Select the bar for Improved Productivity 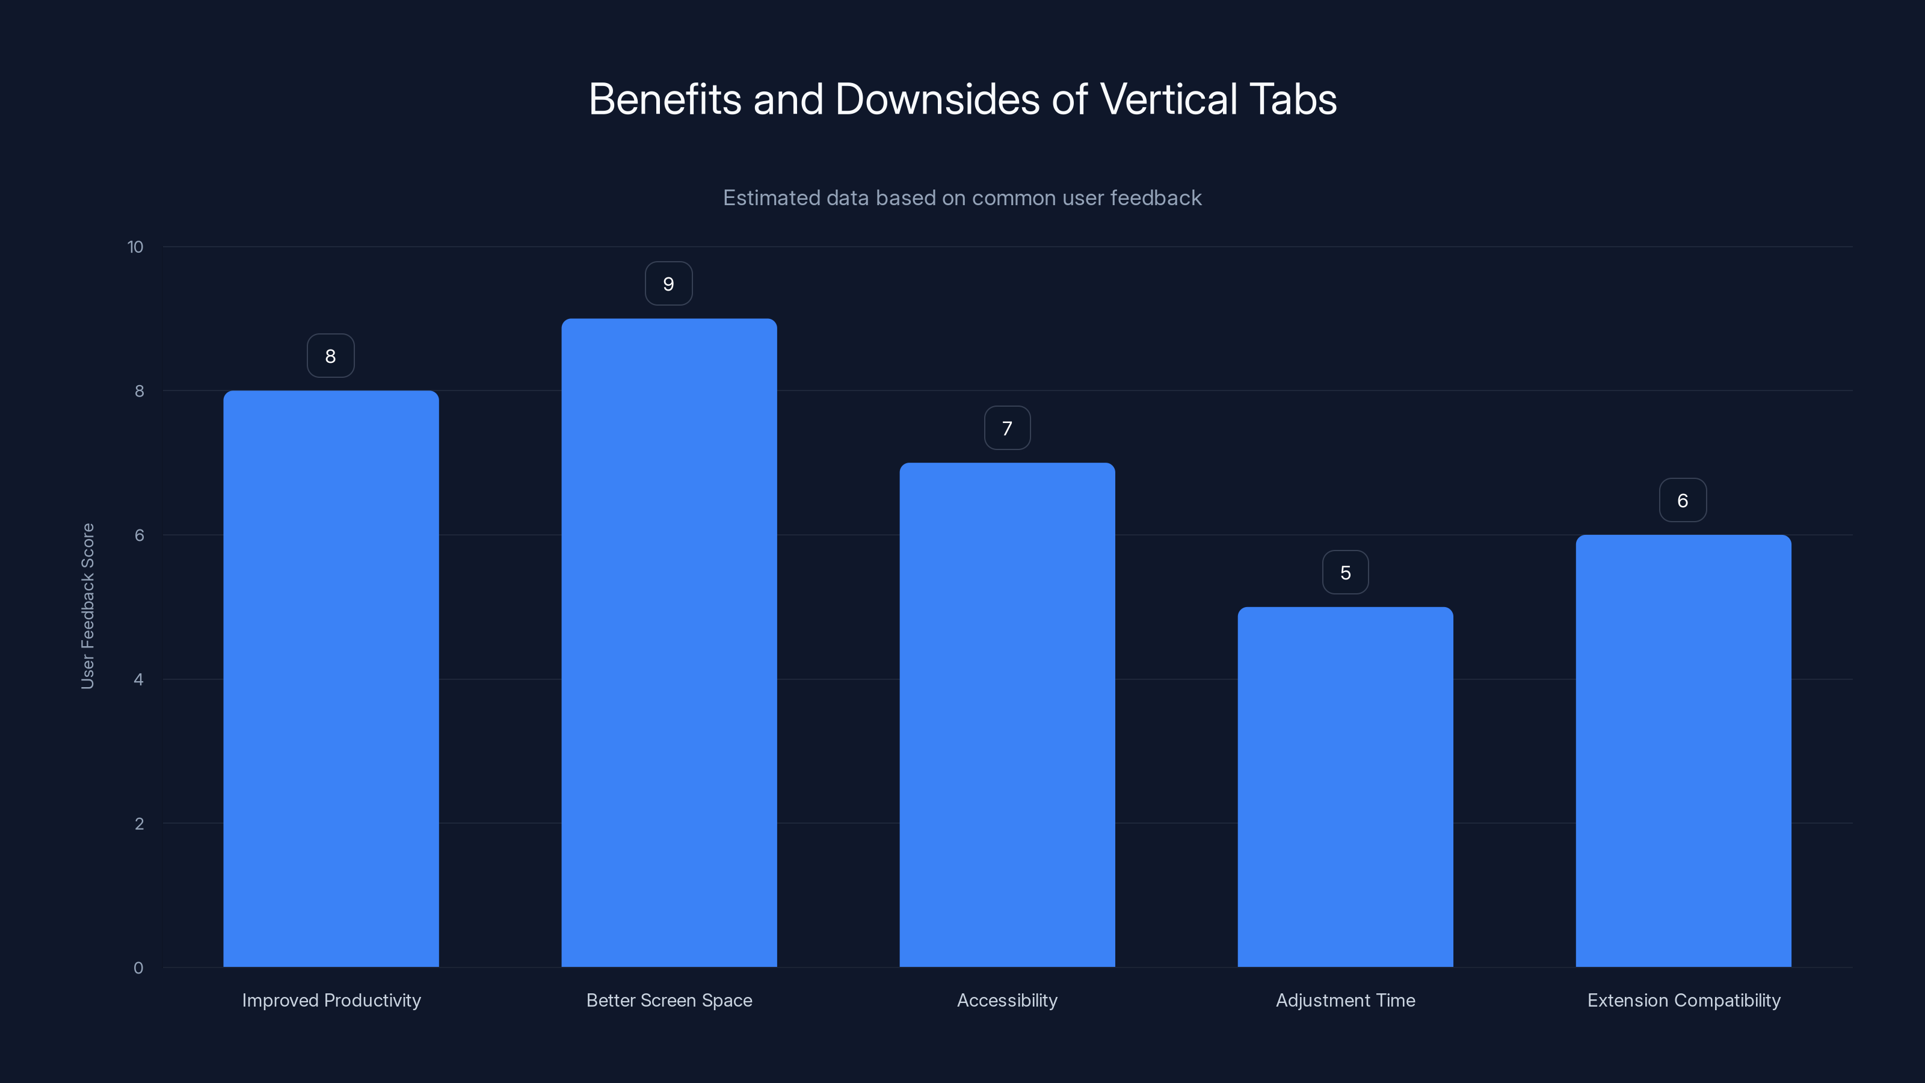click(x=331, y=679)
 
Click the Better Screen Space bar click(x=669, y=643)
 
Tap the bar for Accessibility click(x=1008, y=715)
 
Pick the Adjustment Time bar click(x=1345, y=786)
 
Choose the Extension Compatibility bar click(x=1683, y=750)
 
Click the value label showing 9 click(x=669, y=284)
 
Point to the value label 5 click(x=1345, y=573)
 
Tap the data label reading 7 click(x=1008, y=428)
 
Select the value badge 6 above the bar click(x=1683, y=501)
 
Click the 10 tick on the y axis click(x=135, y=247)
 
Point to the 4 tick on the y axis click(x=138, y=679)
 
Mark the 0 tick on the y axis click(x=138, y=968)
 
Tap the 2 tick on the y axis click(x=139, y=824)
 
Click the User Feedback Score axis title click(x=87, y=606)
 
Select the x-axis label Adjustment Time click(x=1345, y=1000)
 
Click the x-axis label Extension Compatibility click(x=1684, y=1000)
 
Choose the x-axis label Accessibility click(x=1008, y=1000)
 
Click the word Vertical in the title click(x=1168, y=99)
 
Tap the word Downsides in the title click(x=937, y=99)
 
